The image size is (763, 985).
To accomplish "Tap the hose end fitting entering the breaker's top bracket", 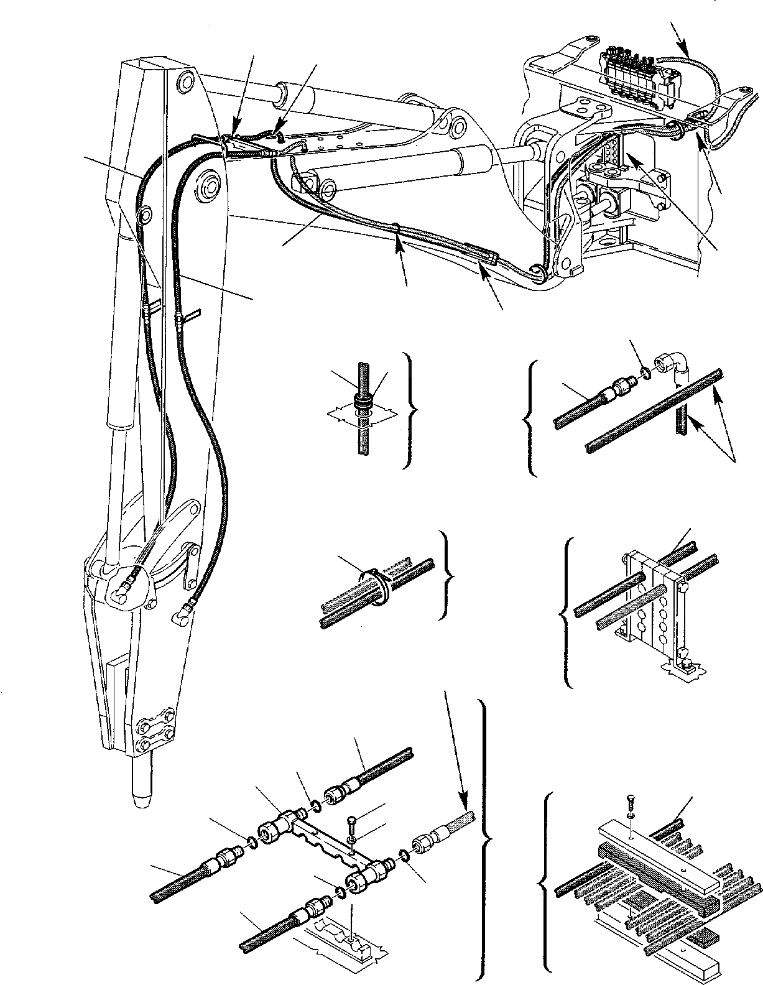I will (129, 585).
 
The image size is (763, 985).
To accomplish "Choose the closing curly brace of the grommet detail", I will (411, 410).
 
